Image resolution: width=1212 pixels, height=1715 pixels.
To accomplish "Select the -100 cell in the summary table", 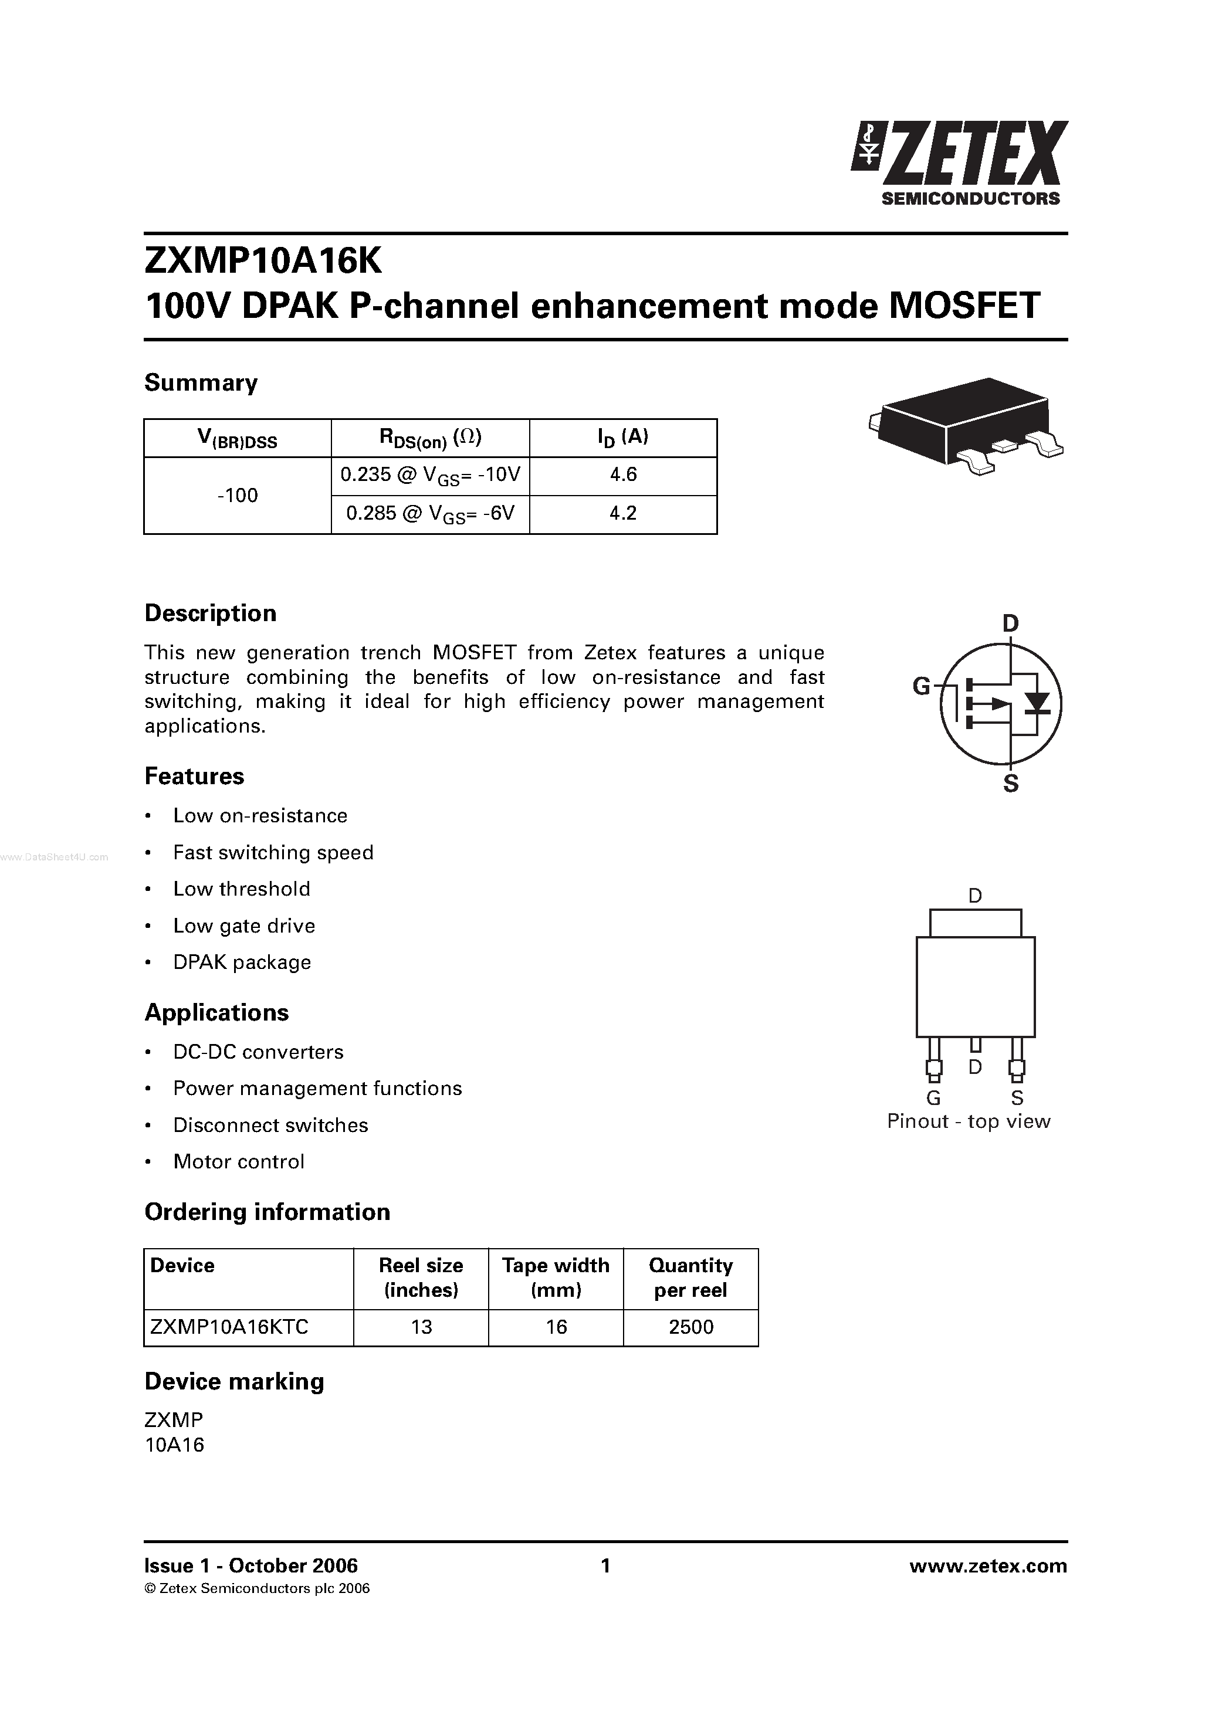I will point(238,495).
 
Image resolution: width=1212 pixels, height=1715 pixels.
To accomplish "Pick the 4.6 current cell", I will point(623,475).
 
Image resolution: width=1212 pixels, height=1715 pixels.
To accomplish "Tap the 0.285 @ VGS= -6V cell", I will point(431,514).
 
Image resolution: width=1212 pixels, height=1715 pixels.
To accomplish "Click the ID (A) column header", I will point(623,437).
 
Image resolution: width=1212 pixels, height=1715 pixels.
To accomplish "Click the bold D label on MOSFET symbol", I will point(1010,623).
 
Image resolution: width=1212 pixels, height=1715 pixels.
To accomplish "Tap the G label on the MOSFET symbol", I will point(922,686).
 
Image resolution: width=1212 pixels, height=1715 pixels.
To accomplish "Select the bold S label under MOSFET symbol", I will point(1010,784).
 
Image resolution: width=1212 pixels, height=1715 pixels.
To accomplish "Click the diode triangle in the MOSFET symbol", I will point(1037,702).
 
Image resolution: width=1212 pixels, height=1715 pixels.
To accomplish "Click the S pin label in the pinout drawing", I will point(1017,1098).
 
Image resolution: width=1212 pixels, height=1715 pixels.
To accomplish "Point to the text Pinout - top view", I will point(969,1121).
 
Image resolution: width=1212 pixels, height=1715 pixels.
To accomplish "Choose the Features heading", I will point(194,776).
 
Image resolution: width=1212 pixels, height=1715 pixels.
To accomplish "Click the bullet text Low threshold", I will point(241,889).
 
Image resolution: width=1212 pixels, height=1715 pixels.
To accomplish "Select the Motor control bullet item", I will point(238,1161).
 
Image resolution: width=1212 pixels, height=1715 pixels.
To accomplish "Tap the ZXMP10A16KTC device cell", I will point(229,1327).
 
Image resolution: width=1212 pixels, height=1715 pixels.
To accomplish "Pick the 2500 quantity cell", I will point(691,1327).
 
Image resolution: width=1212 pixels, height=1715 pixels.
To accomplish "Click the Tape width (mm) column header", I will point(556,1277).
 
